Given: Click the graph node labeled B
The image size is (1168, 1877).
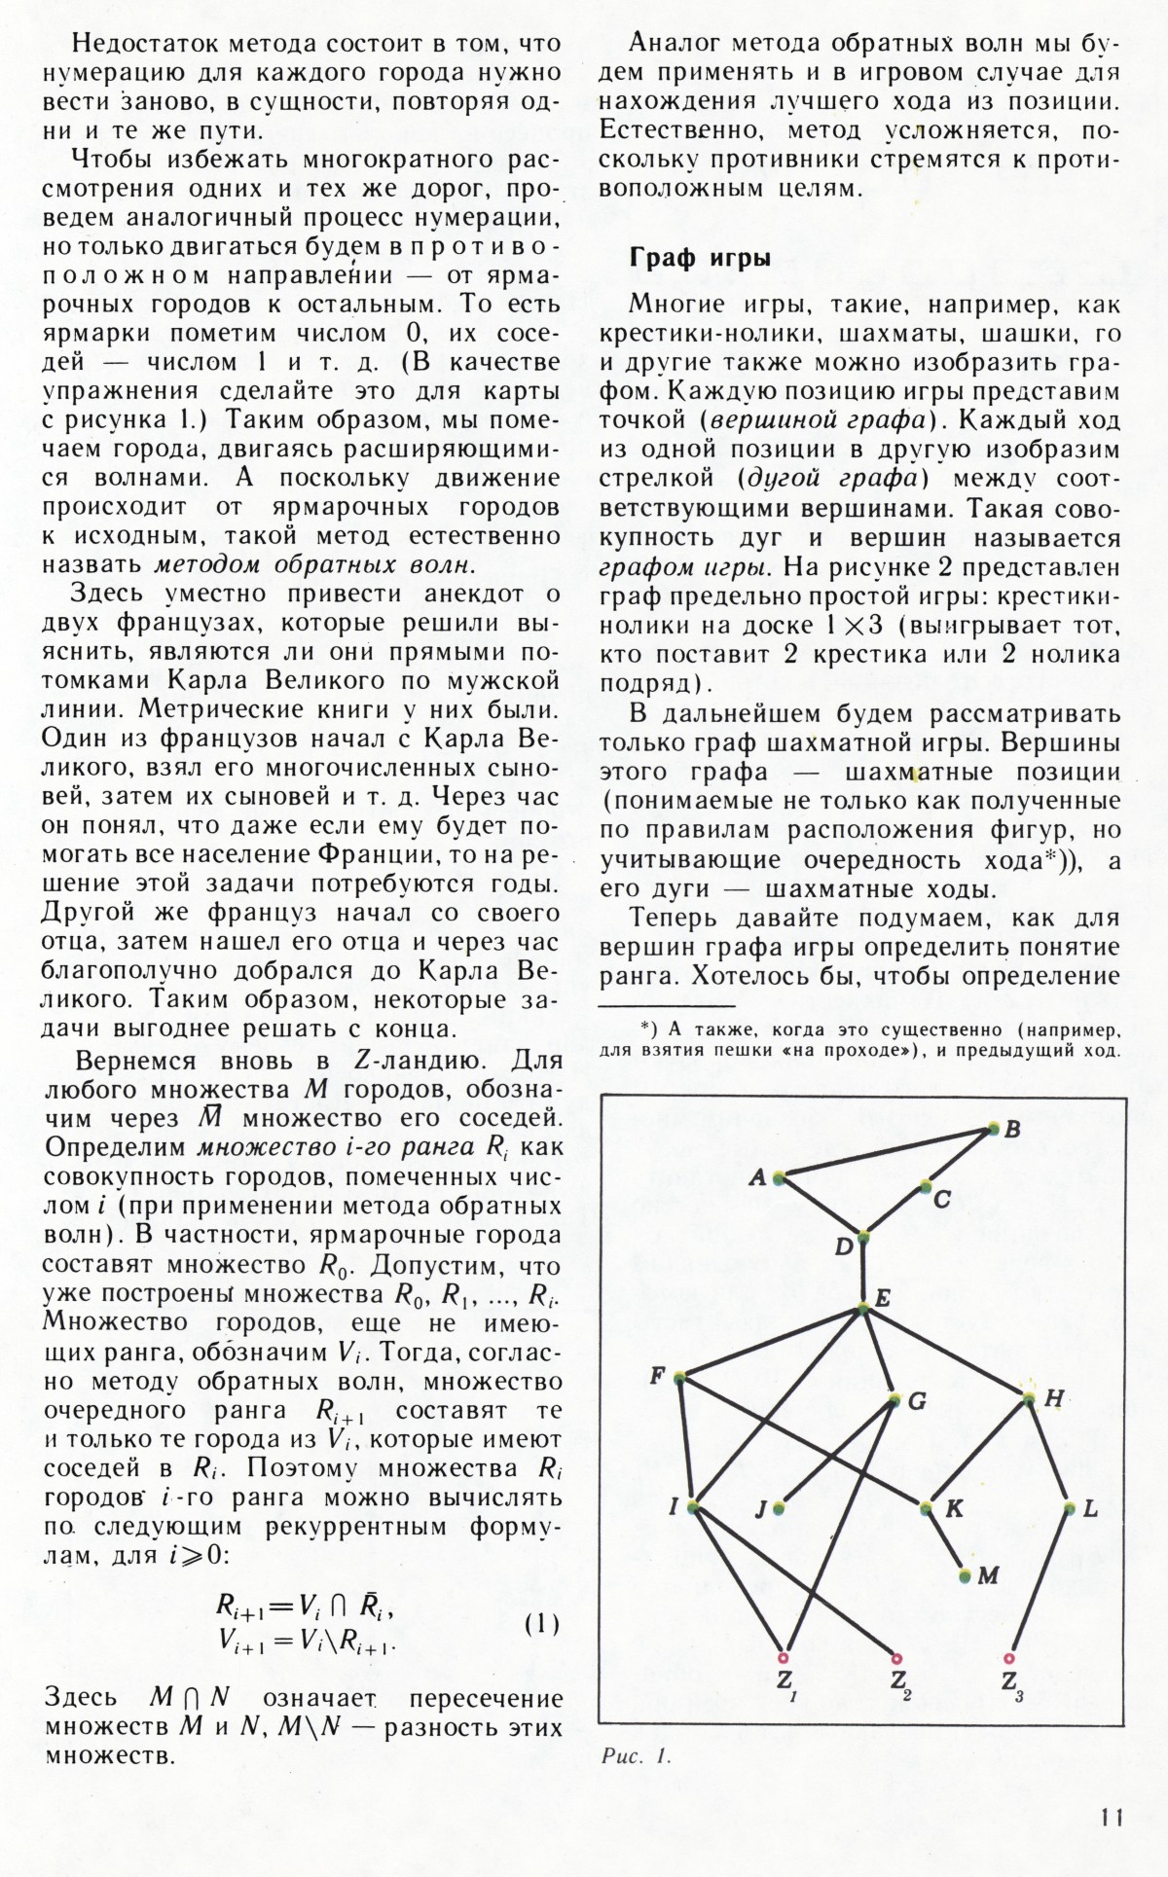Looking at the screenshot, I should [x=993, y=1128].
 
